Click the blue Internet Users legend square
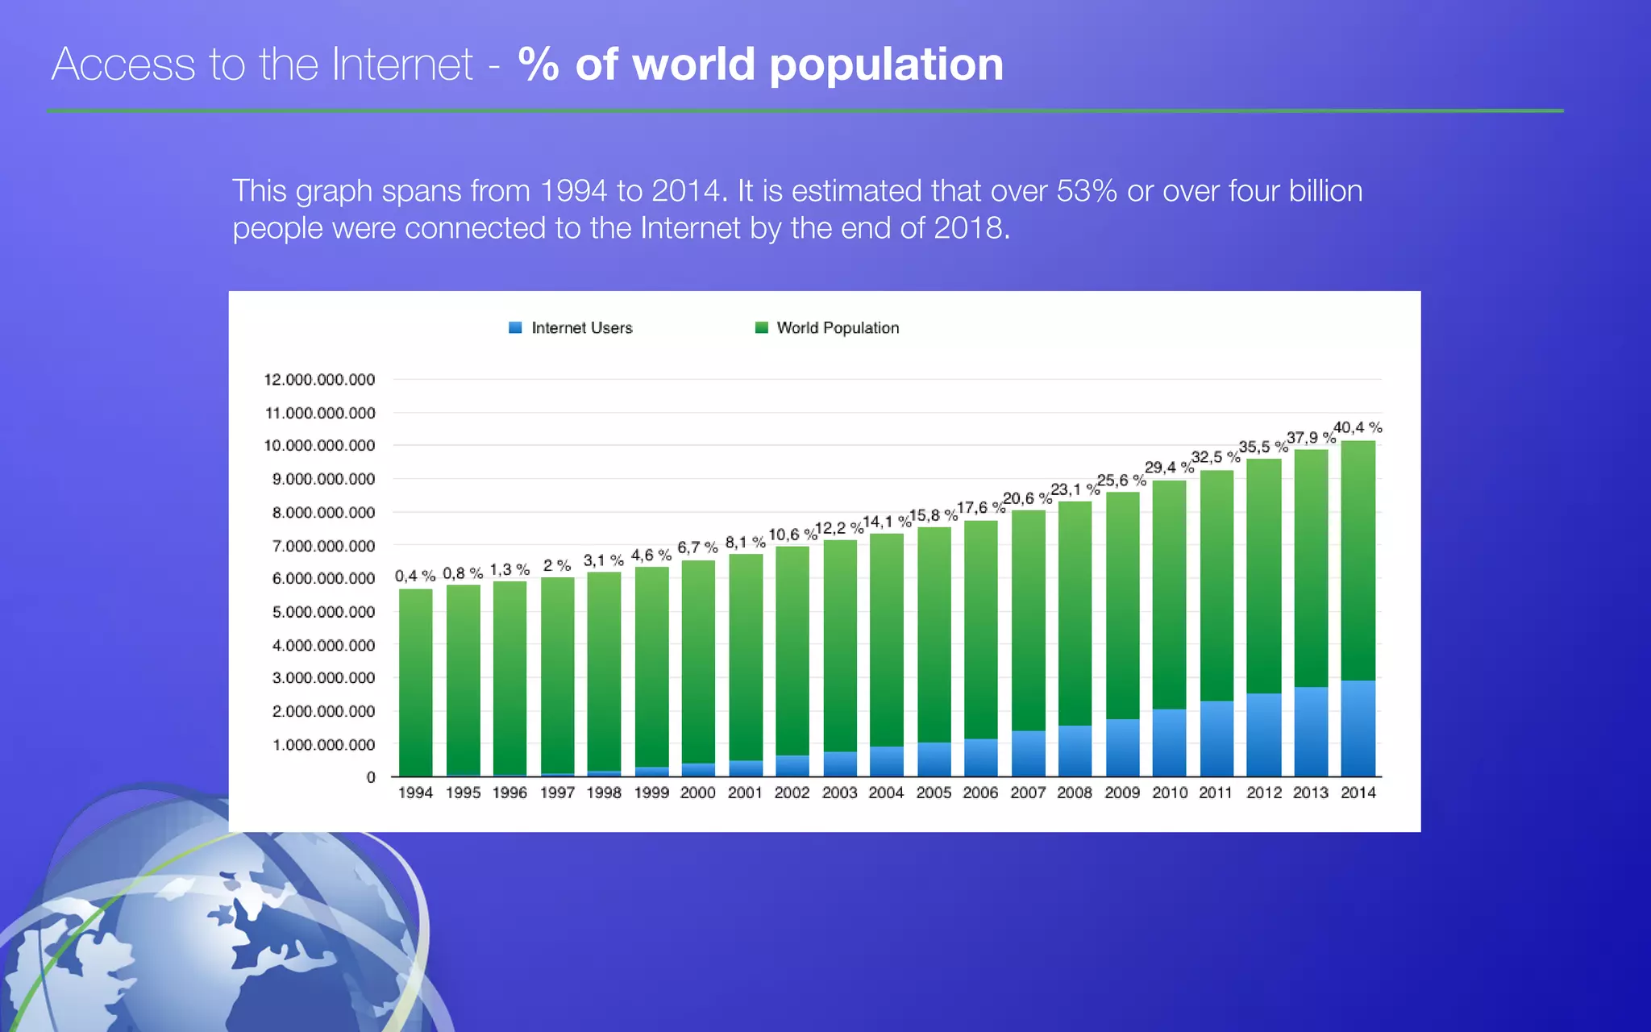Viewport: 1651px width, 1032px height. [x=515, y=327]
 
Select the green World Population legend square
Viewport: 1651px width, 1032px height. [x=761, y=327]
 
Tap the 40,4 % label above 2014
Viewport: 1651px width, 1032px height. [x=1358, y=427]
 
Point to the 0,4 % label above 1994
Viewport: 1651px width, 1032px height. [x=415, y=576]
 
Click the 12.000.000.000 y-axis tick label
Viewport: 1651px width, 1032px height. [x=319, y=380]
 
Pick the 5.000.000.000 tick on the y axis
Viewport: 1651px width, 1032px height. [x=323, y=612]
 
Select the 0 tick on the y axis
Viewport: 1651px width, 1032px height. [x=371, y=777]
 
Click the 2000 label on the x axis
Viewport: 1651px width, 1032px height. [x=697, y=793]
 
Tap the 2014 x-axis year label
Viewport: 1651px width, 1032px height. [x=1358, y=793]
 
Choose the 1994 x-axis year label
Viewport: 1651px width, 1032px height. [x=415, y=793]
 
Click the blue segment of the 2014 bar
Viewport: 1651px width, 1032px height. [x=1358, y=728]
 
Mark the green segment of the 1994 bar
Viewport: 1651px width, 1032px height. [x=415, y=681]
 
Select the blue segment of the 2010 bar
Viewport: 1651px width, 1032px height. [x=1169, y=743]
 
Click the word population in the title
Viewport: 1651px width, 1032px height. [x=886, y=64]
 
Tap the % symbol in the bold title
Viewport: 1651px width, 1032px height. [x=539, y=64]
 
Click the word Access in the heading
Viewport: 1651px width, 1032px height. [x=123, y=64]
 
